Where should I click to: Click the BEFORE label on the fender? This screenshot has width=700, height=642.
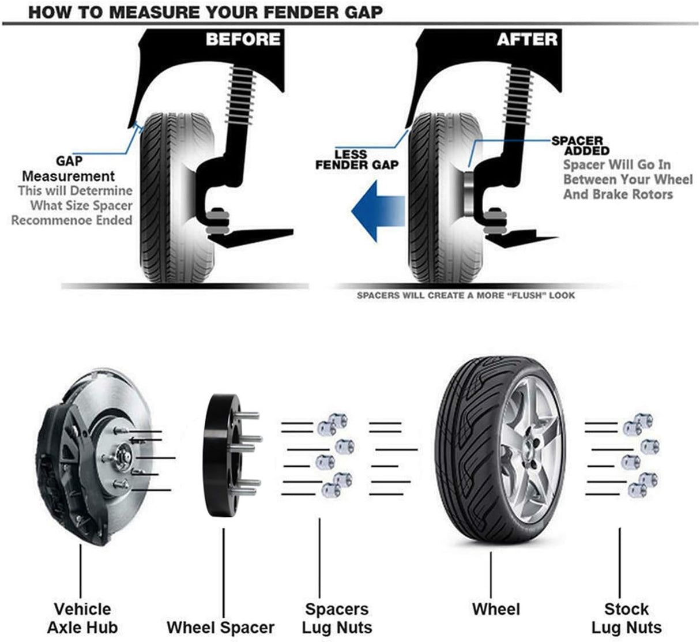243,39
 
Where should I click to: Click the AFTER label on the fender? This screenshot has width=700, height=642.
526,39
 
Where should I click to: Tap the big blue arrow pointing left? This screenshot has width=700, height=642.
378,210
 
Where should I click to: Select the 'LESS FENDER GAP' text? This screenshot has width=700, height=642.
357,160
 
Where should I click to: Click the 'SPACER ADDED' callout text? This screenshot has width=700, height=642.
578,145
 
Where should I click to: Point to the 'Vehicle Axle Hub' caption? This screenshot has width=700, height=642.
82,618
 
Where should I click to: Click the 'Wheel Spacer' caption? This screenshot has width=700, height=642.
220,627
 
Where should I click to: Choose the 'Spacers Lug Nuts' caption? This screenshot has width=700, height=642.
337,618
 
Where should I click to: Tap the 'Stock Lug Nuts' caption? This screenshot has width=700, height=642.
626,618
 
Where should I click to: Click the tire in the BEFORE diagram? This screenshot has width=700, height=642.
167,196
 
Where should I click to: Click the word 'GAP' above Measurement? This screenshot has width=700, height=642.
69,161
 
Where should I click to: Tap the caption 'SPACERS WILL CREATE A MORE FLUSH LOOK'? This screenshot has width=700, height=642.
465,295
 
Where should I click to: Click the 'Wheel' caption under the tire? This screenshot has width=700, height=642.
495,609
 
